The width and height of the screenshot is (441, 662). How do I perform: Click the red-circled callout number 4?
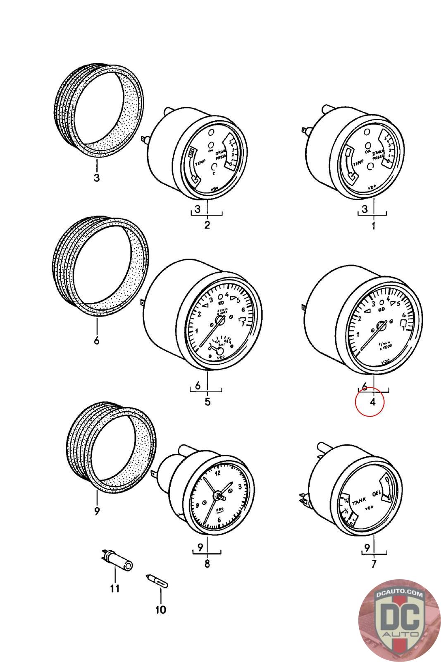tap(372, 401)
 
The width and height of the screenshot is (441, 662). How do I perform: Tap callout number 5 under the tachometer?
tap(207, 401)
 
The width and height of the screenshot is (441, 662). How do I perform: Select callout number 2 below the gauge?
tap(207, 225)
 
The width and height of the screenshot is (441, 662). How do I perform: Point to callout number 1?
tap(373, 226)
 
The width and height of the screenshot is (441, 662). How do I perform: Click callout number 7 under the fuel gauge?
tap(374, 564)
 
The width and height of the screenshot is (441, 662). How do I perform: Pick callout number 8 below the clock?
tap(207, 563)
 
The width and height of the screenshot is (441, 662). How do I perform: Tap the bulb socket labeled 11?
tap(118, 561)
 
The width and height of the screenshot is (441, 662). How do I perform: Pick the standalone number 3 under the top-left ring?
tap(96, 178)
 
